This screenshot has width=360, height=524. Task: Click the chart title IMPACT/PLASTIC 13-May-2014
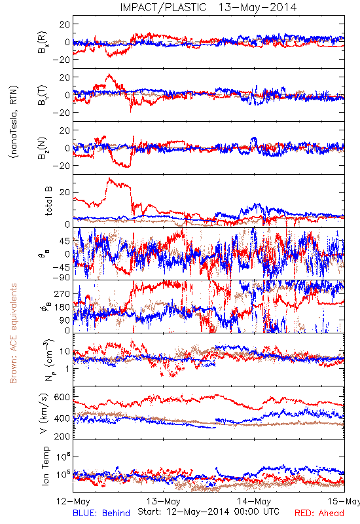click(x=208, y=7)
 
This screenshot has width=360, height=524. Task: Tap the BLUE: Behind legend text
click(x=101, y=513)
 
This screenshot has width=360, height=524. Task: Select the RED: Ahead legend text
click(x=319, y=513)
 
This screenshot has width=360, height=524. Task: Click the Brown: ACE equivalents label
click(x=13, y=333)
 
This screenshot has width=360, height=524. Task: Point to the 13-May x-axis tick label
click(x=163, y=501)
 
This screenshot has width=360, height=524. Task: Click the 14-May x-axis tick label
click(x=254, y=501)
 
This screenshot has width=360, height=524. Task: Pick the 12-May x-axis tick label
click(x=73, y=501)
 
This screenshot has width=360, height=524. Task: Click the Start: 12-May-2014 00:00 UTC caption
click(x=208, y=512)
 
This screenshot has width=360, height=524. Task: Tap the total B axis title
click(x=48, y=201)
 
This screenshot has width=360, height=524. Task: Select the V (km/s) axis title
click(x=44, y=413)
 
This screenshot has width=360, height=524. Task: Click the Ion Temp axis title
click(x=46, y=466)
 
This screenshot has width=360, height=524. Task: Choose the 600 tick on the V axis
click(x=62, y=397)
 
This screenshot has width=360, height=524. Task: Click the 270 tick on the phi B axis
click(x=62, y=294)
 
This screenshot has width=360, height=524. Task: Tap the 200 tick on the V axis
click(x=62, y=436)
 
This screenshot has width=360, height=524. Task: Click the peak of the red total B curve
click(x=109, y=179)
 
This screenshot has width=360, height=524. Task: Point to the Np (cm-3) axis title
click(x=49, y=360)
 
